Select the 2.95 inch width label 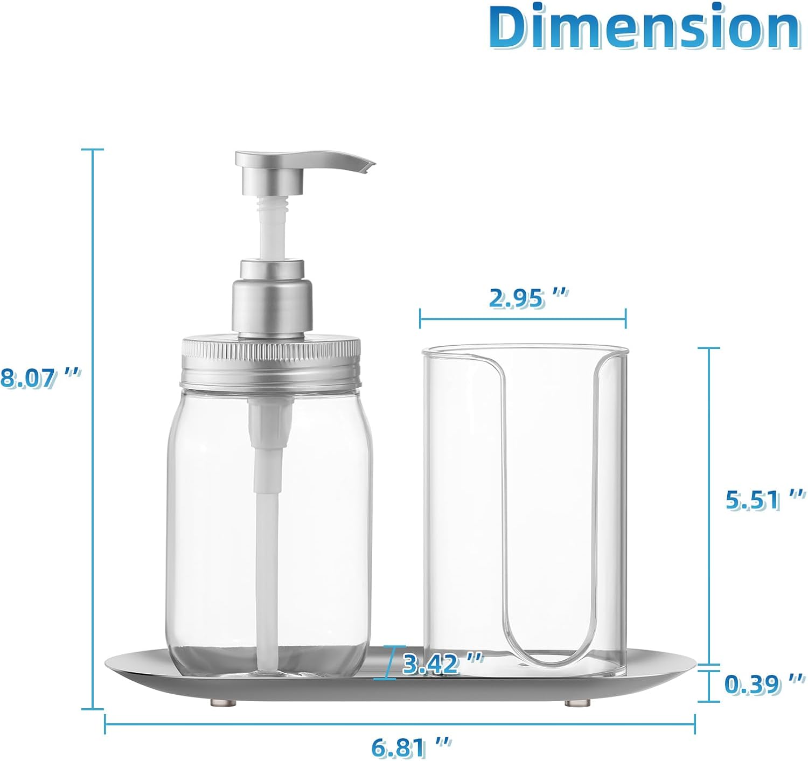(528, 297)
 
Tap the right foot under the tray (576, 703)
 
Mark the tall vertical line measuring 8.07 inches (93, 431)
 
